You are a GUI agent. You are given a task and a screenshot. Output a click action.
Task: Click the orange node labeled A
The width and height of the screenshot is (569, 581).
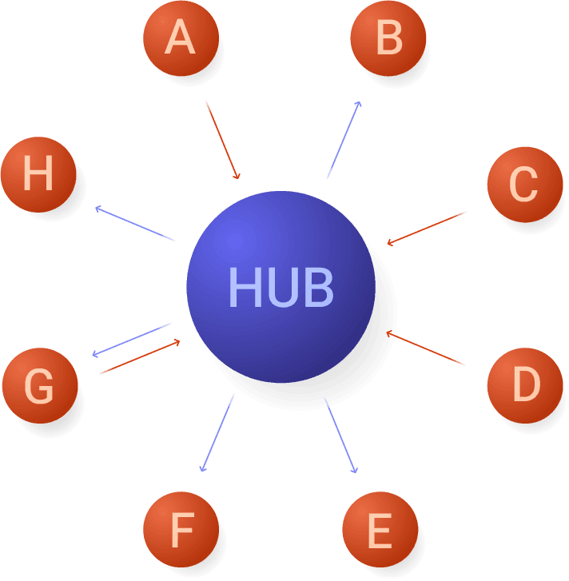(181, 38)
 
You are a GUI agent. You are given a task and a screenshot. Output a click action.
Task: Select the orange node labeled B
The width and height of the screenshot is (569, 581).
(388, 38)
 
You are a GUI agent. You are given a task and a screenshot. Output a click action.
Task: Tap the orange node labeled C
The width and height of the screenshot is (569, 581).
(524, 185)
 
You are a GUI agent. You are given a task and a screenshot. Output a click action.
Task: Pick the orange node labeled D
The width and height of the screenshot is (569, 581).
(524, 385)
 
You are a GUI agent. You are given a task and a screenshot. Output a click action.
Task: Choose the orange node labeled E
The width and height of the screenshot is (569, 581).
(380, 530)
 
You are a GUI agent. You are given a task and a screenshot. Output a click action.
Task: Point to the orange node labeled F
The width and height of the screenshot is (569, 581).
(181, 530)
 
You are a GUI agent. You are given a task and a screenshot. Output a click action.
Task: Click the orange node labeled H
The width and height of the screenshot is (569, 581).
(38, 174)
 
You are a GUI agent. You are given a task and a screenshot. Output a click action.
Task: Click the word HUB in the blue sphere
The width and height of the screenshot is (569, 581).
(281, 287)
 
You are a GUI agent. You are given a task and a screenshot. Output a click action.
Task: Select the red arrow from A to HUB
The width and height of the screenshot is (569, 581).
(222, 140)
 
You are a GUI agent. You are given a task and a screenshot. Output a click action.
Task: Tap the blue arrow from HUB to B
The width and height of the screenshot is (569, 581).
(344, 140)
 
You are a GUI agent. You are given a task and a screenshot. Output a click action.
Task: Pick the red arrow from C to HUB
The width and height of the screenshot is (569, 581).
(427, 228)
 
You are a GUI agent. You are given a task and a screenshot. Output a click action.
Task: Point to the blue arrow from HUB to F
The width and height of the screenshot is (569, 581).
(217, 432)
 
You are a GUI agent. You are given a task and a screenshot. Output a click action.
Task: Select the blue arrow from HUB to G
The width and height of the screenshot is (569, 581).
(132, 340)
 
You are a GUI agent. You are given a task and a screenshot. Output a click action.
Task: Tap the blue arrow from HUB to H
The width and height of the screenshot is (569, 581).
(134, 223)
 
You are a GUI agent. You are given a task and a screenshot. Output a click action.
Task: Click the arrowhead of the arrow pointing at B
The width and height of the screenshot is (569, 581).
(359, 103)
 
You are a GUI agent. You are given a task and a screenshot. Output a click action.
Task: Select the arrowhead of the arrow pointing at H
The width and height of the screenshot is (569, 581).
(97, 209)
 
